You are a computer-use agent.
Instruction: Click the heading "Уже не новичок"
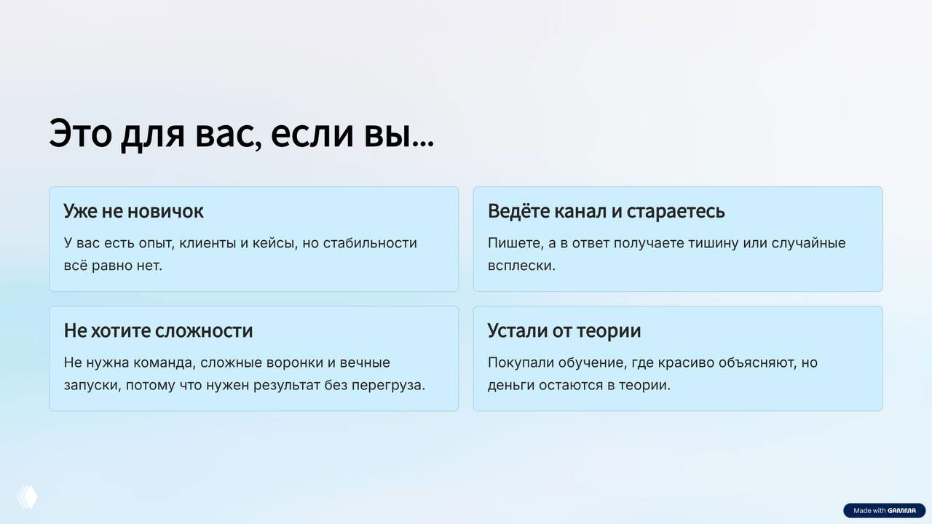click(x=133, y=211)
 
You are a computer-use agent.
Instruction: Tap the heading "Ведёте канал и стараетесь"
click(x=606, y=211)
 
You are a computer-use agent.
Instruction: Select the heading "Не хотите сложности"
click(x=158, y=330)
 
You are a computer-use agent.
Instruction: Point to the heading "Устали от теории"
click(x=564, y=330)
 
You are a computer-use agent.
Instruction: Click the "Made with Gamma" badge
click(x=884, y=511)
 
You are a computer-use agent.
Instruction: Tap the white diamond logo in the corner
click(x=27, y=497)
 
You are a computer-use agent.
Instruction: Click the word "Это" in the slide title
click(x=80, y=134)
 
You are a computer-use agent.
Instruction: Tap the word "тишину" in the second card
click(x=711, y=243)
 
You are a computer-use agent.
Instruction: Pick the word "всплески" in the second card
click(x=520, y=265)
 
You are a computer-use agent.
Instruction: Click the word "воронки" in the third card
click(x=294, y=362)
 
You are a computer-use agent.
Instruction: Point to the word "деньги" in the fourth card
click(x=511, y=384)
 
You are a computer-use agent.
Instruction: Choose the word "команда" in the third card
click(x=165, y=362)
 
